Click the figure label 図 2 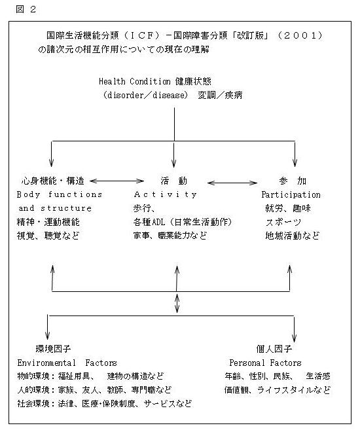coord(26,9)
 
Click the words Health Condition coord(135,81)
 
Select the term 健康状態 coord(193,81)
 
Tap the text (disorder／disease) coord(145,95)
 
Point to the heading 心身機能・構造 coord(52,181)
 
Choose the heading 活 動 coord(174,181)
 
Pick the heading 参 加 coord(293,181)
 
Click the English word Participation coord(291,194)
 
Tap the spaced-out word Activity coord(165,194)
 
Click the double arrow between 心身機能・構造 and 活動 coord(117,181)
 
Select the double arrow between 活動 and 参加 coord(232,183)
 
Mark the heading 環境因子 coord(53,349)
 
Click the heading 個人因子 coord(274,349)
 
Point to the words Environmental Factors coord(67,363)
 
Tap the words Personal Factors coord(265,363)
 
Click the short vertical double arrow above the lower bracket coord(177,303)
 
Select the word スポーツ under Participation coord(283,222)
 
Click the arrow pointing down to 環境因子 coord(48,327)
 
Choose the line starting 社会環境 coord(104,404)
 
